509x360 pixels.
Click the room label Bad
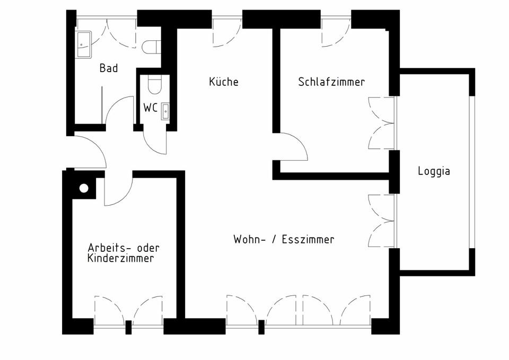pyautogui.click(x=108, y=68)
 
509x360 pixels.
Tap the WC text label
pyautogui.click(x=150, y=108)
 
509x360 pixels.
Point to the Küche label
pyautogui.click(x=224, y=82)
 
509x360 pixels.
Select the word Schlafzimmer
pyautogui.click(x=331, y=82)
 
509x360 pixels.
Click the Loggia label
pyautogui.click(x=434, y=171)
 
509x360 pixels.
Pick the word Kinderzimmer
pyautogui.click(x=121, y=259)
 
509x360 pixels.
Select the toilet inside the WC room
pyautogui.click(x=154, y=84)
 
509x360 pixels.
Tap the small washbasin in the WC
pyautogui.click(x=166, y=110)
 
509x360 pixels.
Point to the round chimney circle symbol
pyautogui.click(x=84, y=188)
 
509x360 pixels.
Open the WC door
pyautogui.click(x=155, y=141)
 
